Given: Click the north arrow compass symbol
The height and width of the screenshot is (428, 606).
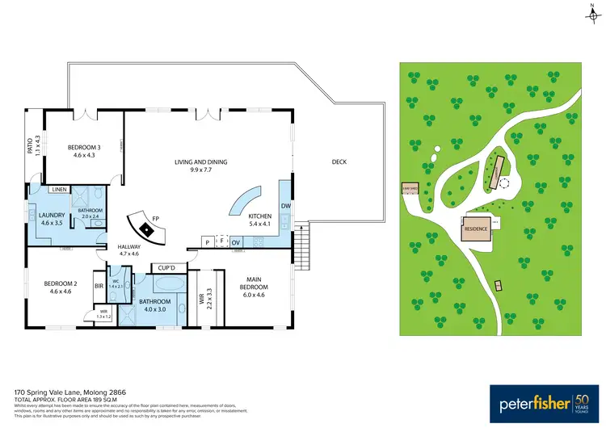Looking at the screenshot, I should click(x=592, y=11).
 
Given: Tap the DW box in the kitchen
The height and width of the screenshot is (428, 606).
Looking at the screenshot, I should click(x=284, y=206).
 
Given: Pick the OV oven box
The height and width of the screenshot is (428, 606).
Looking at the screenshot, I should click(x=236, y=242).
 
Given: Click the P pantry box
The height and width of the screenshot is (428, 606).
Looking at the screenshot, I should click(x=208, y=242).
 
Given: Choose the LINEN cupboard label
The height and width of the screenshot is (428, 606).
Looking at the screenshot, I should click(x=58, y=190).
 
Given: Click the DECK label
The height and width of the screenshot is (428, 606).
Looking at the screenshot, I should click(x=339, y=162).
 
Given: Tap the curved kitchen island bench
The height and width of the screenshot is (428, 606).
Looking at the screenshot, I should click(x=246, y=202).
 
